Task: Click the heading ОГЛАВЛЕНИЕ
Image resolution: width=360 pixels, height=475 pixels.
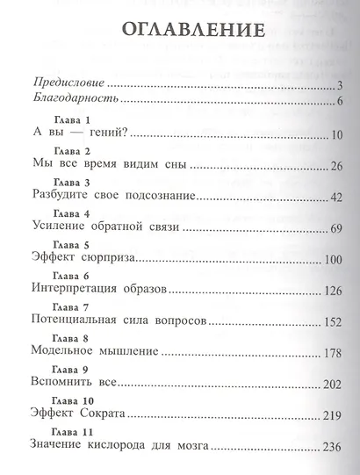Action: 182,29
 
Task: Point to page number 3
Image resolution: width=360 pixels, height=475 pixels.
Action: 338,85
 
